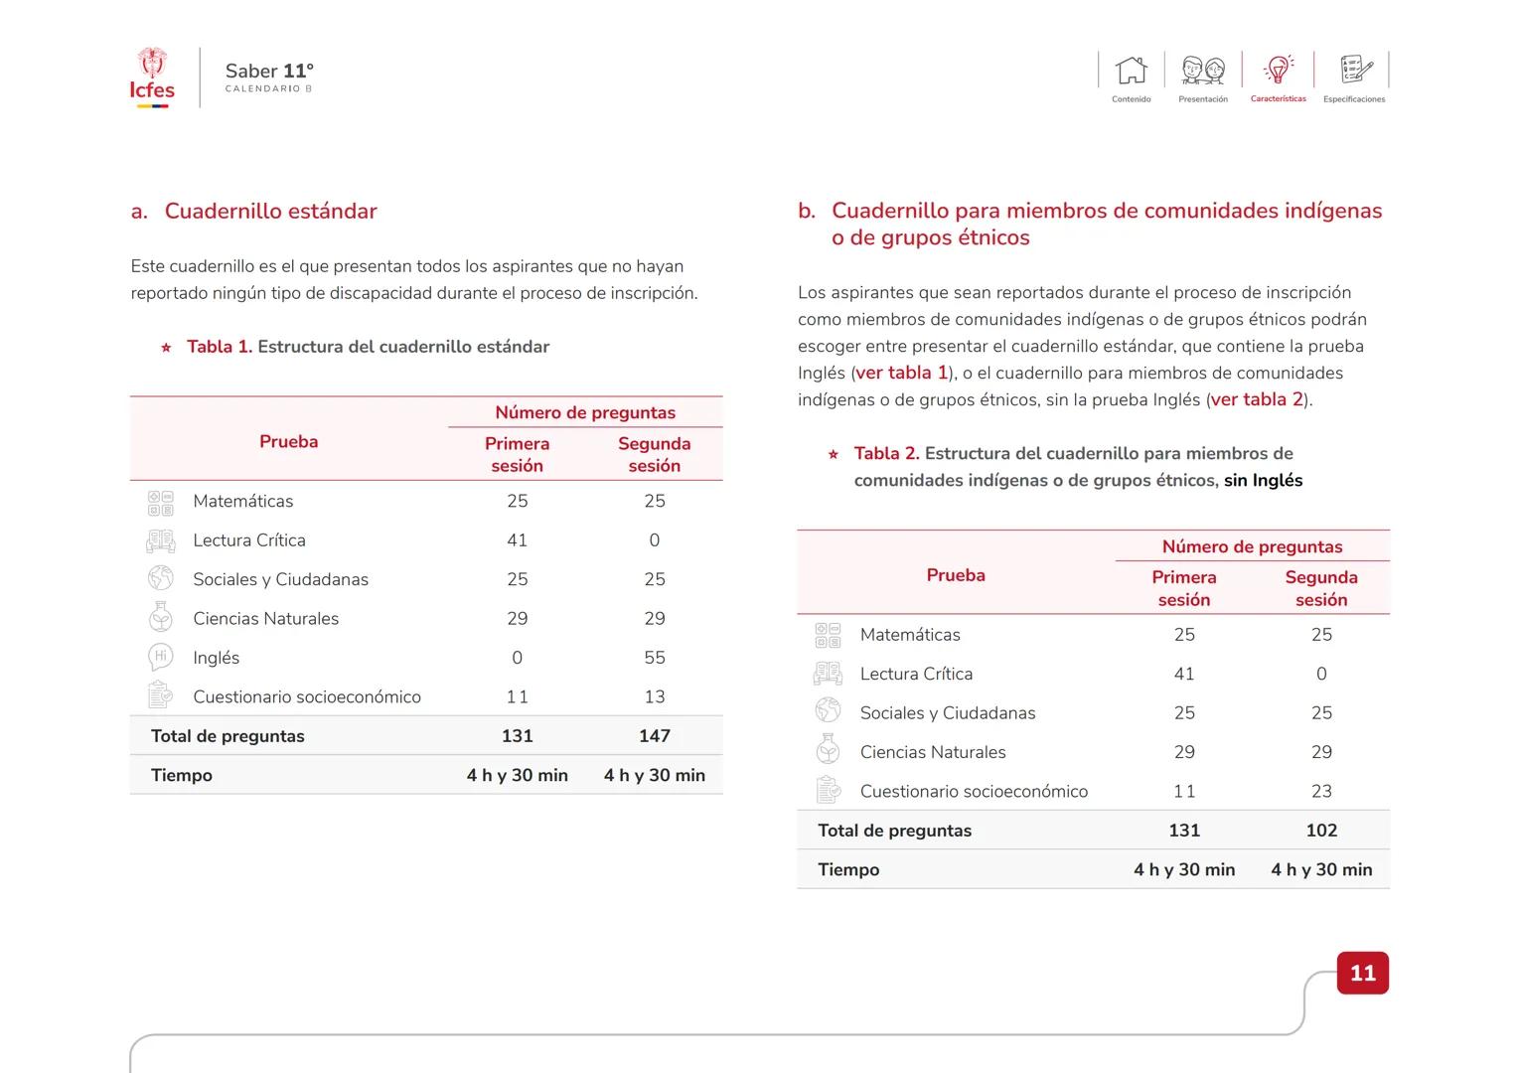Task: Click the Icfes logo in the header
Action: [x=152, y=77]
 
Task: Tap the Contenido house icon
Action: [x=1131, y=71]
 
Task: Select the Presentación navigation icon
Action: [x=1202, y=71]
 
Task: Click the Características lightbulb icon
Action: [x=1278, y=70]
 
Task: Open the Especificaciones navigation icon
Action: [x=1354, y=70]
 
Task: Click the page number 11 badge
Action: [x=1362, y=973]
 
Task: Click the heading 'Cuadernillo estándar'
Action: [x=270, y=211]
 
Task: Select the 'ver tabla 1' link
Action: [x=901, y=373]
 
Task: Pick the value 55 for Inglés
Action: [x=654, y=658]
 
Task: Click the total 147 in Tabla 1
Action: [x=654, y=736]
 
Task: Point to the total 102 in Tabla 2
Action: [x=1320, y=831]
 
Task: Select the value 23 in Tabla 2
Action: [x=1320, y=792]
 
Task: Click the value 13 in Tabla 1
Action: [x=654, y=697]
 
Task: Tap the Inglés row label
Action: [x=216, y=658]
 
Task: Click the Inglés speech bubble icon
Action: [x=160, y=657]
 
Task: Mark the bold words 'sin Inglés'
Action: [x=1263, y=481]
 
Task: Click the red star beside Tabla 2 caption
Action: [x=834, y=455]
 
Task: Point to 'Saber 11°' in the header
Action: [x=269, y=71]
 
